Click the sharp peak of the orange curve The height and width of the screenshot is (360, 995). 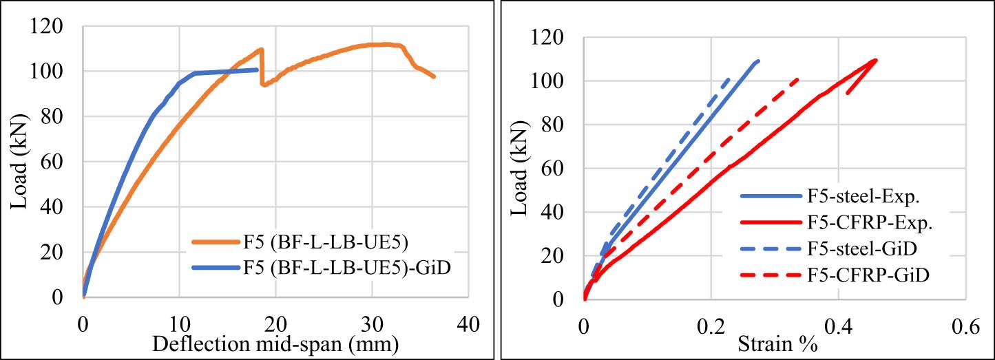tap(262, 49)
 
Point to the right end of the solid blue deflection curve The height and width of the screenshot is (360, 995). tap(258, 70)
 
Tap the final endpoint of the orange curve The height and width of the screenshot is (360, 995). tap(434, 76)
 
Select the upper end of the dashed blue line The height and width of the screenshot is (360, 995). tap(729, 78)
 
